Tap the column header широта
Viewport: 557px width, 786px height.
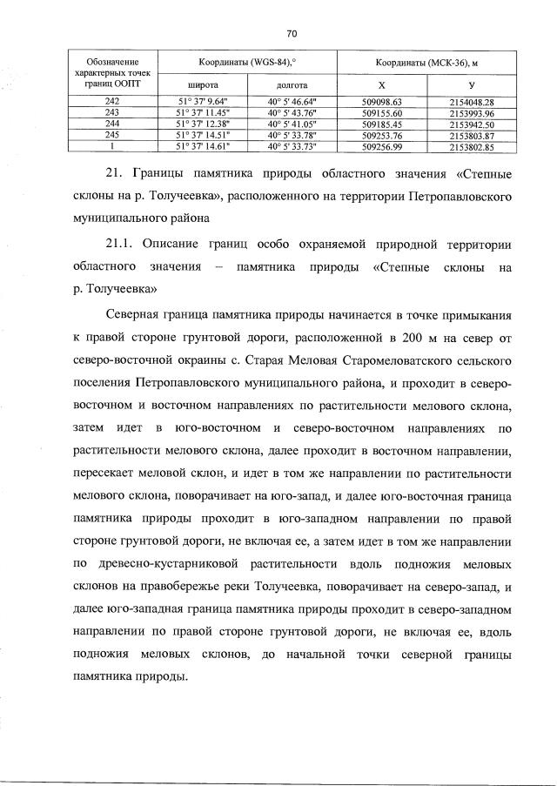[x=203, y=86]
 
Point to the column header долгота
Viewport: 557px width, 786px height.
[x=291, y=86]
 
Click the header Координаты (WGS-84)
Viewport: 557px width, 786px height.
[x=246, y=63]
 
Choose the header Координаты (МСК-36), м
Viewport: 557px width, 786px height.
[x=427, y=63]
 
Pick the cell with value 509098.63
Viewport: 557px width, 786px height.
[x=380, y=103]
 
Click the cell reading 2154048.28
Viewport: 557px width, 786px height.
[x=472, y=103]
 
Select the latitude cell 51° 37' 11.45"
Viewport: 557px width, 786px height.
[x=203, y=114]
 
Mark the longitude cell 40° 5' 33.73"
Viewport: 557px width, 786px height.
[x=291, y=148]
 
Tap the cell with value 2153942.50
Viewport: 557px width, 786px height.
[x=472, y=125]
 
